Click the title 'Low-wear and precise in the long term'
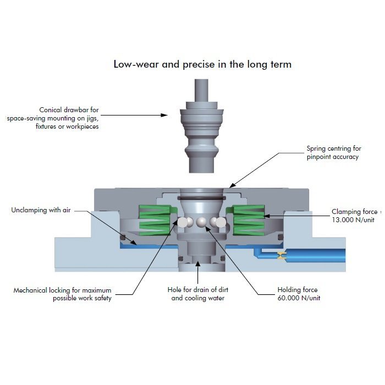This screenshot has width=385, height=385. [x=202, y=64]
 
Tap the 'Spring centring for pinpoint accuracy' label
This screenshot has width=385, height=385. [x=334, y=152]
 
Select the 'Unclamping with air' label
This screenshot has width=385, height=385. [x=41, y=210]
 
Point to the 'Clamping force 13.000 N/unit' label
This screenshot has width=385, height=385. [x=355, y=216]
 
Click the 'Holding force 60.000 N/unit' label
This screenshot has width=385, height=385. [x=299, y=294]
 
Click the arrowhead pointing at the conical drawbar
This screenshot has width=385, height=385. [x=164, y=115]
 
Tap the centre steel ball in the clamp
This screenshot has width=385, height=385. [x=201, y=222]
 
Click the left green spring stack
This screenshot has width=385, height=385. [x=155, y=220]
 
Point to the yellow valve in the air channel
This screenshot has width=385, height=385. [x=282, y=255]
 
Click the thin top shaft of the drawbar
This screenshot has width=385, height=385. [x=201, y=90]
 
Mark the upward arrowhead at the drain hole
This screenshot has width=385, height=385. [x=197, y=264]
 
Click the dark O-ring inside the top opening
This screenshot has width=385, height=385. [x=201, y=198]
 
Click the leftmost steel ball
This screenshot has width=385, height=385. [x=182, y=222]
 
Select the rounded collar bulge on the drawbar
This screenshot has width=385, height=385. [x=201, y=149]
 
